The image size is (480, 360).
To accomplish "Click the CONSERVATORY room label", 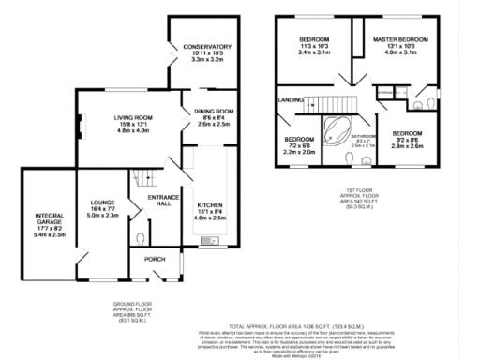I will pos(206,47).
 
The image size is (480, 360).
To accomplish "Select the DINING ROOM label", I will pos(213,112).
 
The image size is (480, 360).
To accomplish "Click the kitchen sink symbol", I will pos(208,246).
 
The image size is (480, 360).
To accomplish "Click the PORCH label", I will pos(153,260).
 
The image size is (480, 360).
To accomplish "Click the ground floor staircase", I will pos(143,176).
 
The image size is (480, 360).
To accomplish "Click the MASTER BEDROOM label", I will pos(400,39).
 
